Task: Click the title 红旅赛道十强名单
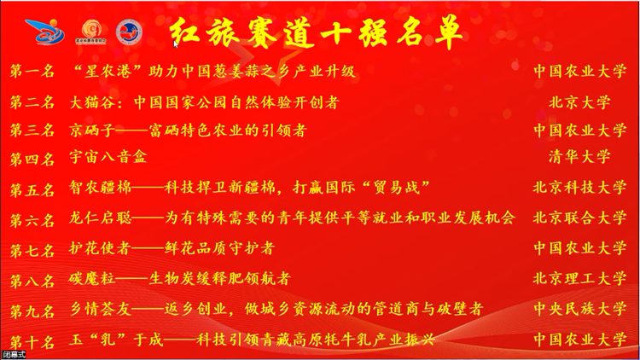click(x=316, y=32)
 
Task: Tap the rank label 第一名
click(x=32, y=72)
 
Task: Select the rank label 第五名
click(x=32, y=190)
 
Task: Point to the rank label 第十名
click(x=32, y=342)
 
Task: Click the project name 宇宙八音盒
click(x=108, y=157)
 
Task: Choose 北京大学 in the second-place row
click(x=579, y=102)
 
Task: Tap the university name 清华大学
click(x=579, y=156)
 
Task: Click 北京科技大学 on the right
click(x=579, y=188)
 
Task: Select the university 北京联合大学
click(x=579, y=218)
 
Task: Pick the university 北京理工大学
click(x=579, y=278)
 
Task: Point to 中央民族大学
click(x=579, y=309)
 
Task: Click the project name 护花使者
click(x=100, y=248)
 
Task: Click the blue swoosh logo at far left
click(x=45, y=32)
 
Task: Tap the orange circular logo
click(x=90, y=32)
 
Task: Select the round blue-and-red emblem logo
click(x=129, y=32)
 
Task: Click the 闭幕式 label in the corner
click(x=15, y=355)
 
